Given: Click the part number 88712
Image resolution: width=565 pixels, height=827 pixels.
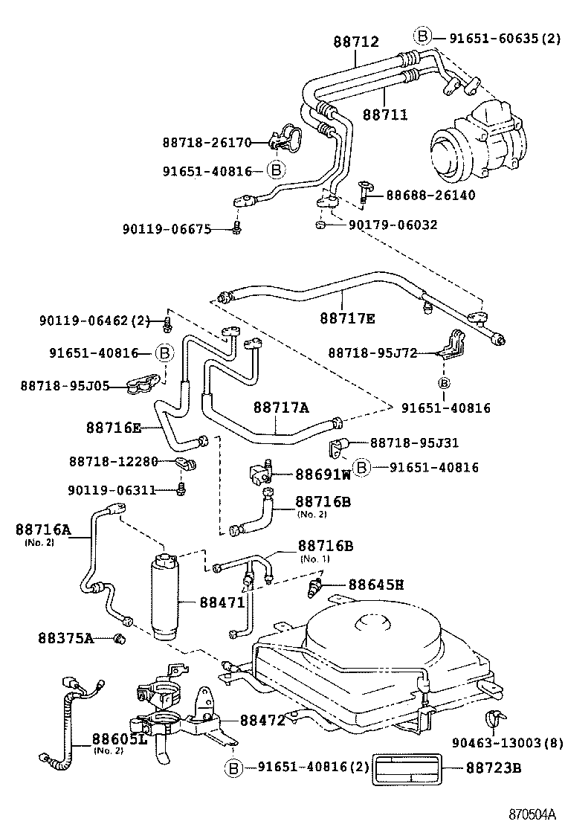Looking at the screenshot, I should (356, 43).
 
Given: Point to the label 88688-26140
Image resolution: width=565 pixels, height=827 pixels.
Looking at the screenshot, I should (430, 195).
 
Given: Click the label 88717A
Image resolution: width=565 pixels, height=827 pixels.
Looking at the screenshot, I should (281, 408).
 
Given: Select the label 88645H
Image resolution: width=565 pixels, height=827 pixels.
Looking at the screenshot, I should (376, 585).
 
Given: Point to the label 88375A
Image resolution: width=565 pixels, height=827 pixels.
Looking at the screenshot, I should (66, 637).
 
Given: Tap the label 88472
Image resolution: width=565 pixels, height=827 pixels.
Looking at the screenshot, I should (262, 720).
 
